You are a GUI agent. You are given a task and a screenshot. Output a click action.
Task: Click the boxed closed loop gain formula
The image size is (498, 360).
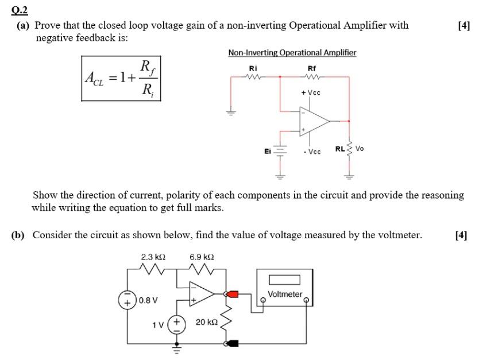pos(121,78)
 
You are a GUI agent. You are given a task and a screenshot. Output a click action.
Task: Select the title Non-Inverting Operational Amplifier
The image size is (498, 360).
pos(292,53)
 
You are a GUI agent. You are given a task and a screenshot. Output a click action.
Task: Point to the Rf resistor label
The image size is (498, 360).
pos(312,67)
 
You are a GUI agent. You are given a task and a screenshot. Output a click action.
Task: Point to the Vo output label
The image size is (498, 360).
pos(360,149)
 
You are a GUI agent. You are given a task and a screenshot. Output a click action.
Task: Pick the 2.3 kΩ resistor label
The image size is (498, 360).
pos(153,257)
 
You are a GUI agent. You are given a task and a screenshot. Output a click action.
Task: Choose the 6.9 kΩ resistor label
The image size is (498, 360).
pos(202,257)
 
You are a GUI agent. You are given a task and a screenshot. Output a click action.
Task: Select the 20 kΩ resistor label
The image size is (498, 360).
pos(205,323)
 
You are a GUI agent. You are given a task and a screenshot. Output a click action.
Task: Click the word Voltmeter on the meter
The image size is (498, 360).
pos(285,294)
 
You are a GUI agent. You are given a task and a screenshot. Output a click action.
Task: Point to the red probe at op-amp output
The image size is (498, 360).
pos(232,295)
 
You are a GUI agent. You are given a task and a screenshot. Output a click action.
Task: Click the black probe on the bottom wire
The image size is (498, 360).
pos(233,343)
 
